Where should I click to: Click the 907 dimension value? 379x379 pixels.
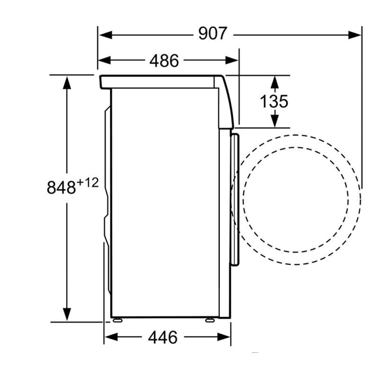point(213,33)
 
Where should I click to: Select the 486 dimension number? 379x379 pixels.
point(164,61)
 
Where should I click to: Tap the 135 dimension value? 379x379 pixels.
point(274,101)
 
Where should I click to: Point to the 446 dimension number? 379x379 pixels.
point(163,337)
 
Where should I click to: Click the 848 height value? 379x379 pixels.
point(61,187)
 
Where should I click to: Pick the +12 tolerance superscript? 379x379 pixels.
point(88,183)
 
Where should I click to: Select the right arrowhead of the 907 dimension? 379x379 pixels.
point(355,35)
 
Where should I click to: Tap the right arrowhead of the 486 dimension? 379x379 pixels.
point(232,60)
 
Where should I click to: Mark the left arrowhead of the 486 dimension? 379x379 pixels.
point(104,60)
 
